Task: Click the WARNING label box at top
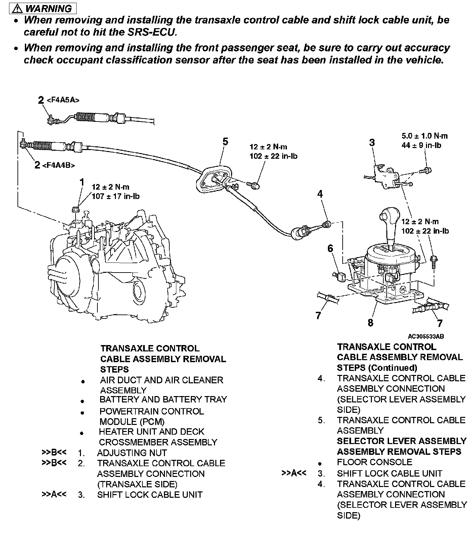[x=39, y=8]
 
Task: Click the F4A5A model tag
[x=63, y=100]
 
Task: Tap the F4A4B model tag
[x=58, y=165]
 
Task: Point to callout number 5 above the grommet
[x=225, y=142]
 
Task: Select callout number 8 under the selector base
[x=370, y=323]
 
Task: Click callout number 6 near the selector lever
[x=331, y=248]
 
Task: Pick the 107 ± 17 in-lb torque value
[x=116, y=196]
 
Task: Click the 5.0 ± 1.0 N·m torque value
[x=425, y=136]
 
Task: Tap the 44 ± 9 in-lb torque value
[x=421, y=145]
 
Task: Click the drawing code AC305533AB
[x=426, y=336]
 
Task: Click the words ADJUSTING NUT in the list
[x=132, y=453]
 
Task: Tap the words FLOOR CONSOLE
[x=374, y=462]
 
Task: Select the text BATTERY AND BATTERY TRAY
[x=163, y=399]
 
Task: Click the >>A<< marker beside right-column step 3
[x=294, y=473]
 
